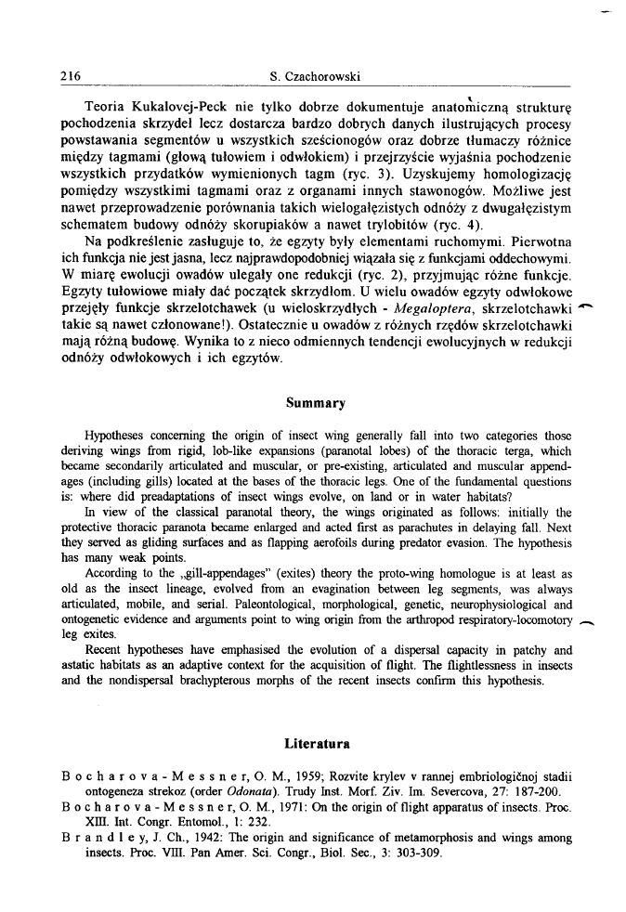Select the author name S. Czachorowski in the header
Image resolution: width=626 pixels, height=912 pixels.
coord(313,75)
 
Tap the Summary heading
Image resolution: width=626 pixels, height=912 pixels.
coord(313,403)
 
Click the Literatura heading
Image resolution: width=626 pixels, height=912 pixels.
coord(313,743)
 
